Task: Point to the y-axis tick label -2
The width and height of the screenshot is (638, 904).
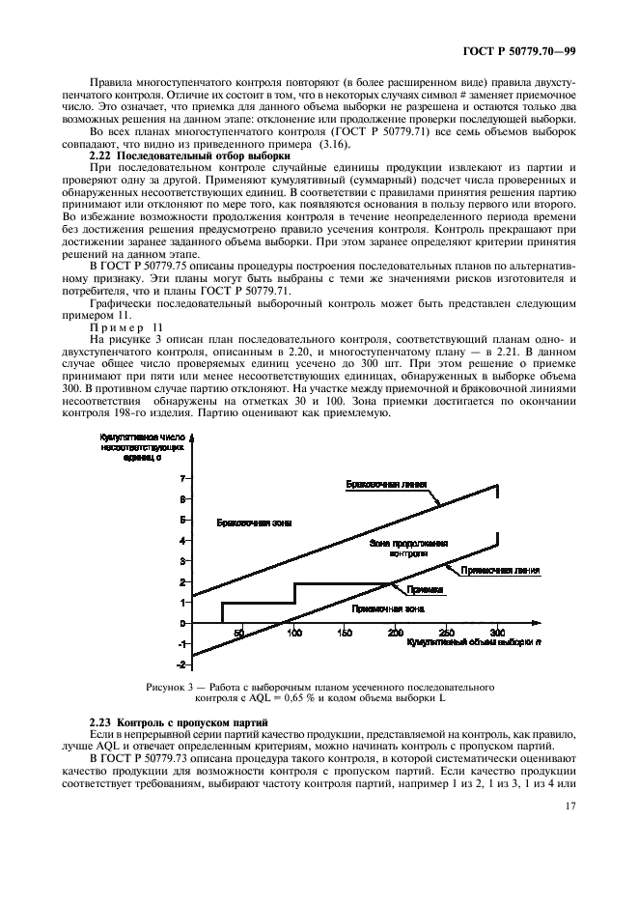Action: pos(180,664)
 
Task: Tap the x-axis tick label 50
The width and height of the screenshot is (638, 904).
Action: pos(212,634)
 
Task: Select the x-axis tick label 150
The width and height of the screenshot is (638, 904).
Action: pos(345,634)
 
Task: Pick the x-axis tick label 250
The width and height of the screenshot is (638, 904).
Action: pos(446,634)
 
